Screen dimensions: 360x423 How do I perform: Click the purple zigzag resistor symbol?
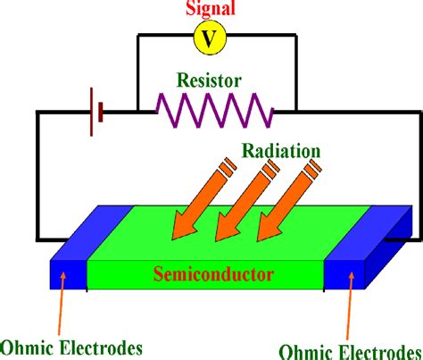point(214,112)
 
